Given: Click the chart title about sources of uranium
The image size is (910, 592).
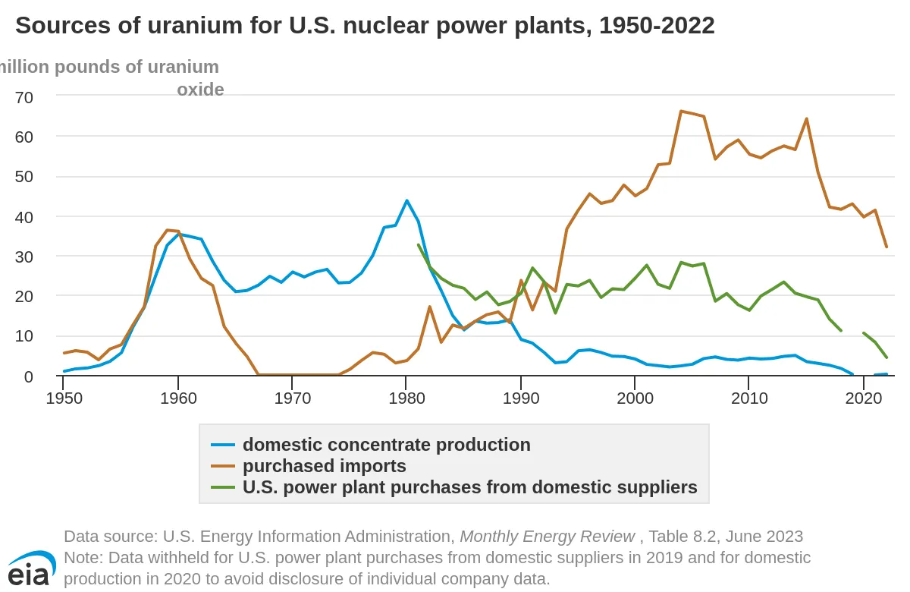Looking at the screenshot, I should click(365, 26).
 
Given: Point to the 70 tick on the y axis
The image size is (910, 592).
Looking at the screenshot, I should click(24, 96).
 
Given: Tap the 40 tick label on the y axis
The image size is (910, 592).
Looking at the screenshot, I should click(24, 216).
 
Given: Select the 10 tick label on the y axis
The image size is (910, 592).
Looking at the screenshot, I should click(24, 335).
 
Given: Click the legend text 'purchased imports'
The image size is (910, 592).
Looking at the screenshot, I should click(325, 466).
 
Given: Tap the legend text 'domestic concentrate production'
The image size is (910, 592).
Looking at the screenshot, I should click(387, 445).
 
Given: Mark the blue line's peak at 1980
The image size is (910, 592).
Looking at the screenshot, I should click(406, 200).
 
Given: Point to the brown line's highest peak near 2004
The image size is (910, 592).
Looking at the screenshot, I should click(681, 112).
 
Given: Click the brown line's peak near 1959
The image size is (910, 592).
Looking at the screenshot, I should click(167, 230).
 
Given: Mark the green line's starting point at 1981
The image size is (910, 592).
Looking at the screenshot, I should click(419, 244).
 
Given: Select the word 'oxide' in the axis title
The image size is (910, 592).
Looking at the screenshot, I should click(200, 90).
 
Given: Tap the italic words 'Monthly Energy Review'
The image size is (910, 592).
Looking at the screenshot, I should click(548, 537).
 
